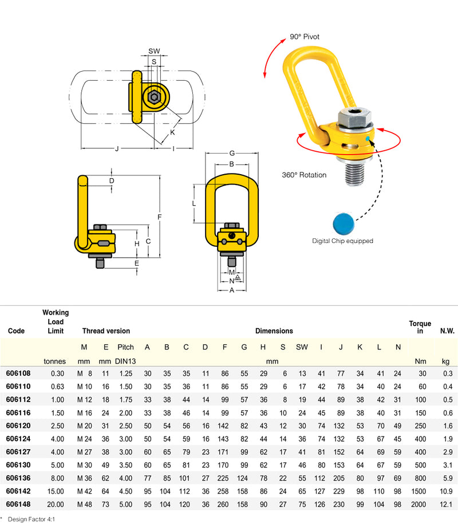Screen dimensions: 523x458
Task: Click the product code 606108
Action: pos(18,373)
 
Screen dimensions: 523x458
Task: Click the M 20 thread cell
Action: pos(84,425)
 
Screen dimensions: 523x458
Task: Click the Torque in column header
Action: pos(420,327)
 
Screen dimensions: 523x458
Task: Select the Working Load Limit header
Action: pos(55,321)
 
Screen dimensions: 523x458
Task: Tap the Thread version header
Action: pos(106,331)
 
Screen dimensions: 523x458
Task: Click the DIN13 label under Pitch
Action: pos(125,361)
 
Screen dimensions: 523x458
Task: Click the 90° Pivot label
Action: pos(305,37)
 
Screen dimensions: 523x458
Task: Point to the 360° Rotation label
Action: pos(304,175)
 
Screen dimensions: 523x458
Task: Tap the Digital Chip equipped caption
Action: pos(342,241)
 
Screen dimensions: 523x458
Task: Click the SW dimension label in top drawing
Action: pos(154,52)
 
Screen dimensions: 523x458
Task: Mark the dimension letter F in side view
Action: pos(160,218)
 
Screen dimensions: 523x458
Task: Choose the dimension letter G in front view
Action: pos(231,153)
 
